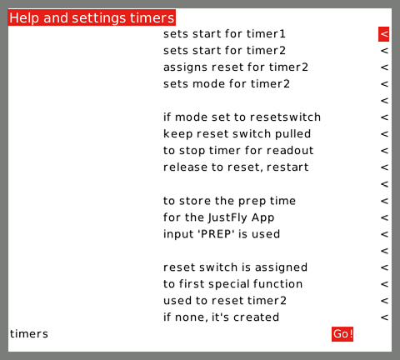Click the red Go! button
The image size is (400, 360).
point(342,334)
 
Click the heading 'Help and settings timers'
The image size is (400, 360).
point(92,17)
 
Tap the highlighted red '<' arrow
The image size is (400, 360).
point(383,34)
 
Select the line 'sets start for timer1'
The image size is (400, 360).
point(224,34)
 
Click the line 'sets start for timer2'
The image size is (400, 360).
point(224,51)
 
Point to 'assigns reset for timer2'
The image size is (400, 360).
point(236,67)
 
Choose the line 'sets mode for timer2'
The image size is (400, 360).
point(227,84)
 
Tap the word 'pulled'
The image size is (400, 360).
point(292,134)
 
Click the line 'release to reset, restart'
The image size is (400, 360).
point(236,167)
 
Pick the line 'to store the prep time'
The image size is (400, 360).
point(229,201)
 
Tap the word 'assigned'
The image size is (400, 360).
point(281,267)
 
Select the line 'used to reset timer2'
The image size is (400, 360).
point(225,301)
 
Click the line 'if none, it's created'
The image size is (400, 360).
point(222,317)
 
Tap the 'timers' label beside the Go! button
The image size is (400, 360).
point(29,334)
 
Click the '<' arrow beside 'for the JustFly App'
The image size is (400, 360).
point(384,217)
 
